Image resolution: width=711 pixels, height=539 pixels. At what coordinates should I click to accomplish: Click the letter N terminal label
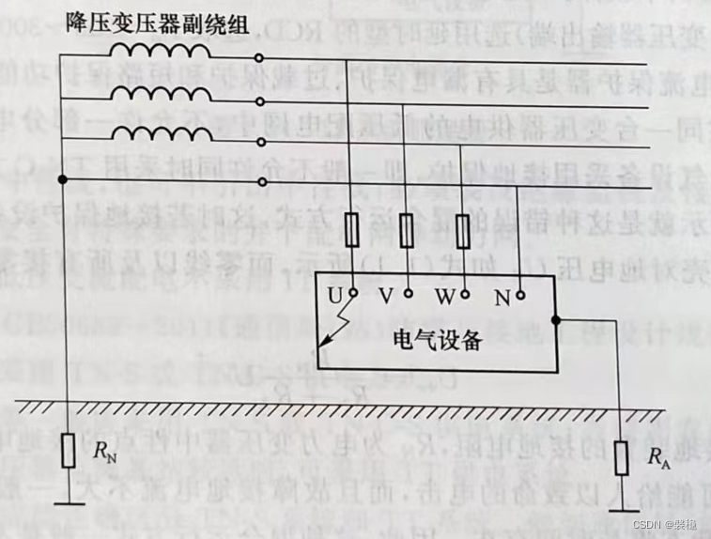(x=502, y=298)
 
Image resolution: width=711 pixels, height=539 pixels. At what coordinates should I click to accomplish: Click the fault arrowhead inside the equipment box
(x=323, y=345)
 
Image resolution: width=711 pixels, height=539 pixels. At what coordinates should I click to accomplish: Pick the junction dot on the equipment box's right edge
(x=555, y=318)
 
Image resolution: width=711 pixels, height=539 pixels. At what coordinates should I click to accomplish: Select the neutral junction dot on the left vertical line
(x=63, y=179)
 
